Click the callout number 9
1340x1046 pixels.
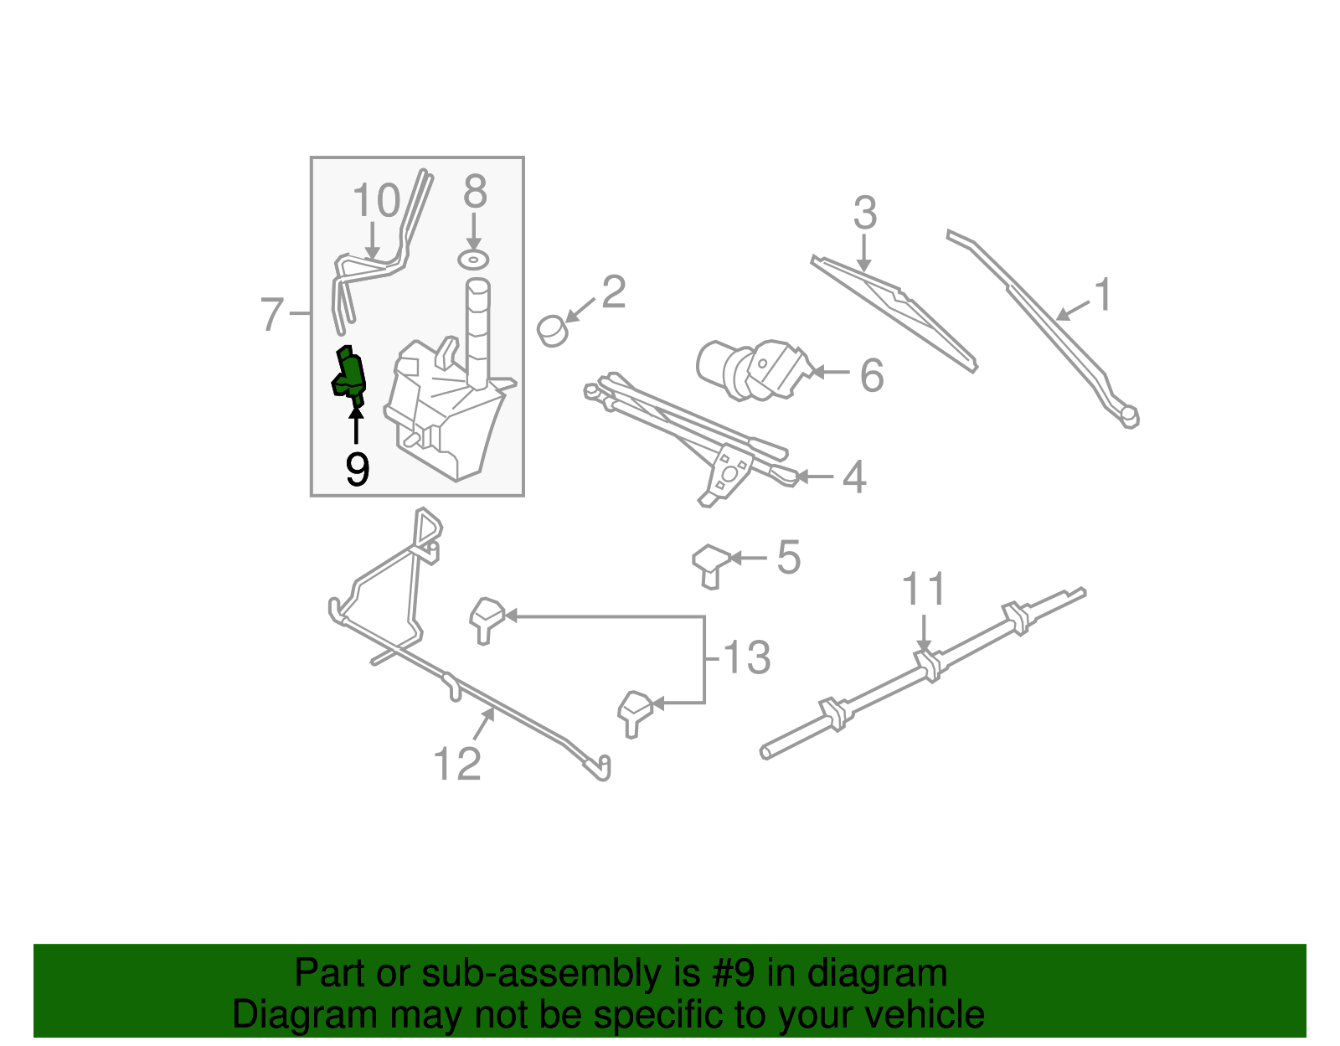click(x=357, y=471)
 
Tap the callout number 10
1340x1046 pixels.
click(x=376, y=202)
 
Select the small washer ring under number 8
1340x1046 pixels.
click(x=474, y=259)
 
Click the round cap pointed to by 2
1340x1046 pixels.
click(x=553, y=330)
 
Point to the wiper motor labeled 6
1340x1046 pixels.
click(x=754, y=368)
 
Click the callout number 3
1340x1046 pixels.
click(x=865, y=214)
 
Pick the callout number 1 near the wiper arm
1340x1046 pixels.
click(x=1104, y=296)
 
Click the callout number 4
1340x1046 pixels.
click(x=853, y=477)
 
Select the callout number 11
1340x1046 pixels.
click(x=924, y=590)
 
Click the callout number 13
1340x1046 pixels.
click(x=746, y=658)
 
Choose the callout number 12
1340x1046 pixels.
click(x=457, y=764)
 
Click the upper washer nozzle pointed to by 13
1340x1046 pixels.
click(x=487, y=618)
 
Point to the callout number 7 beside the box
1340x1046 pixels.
click(x=272, y=315)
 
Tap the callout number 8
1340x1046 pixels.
click(x=475, y=193)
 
